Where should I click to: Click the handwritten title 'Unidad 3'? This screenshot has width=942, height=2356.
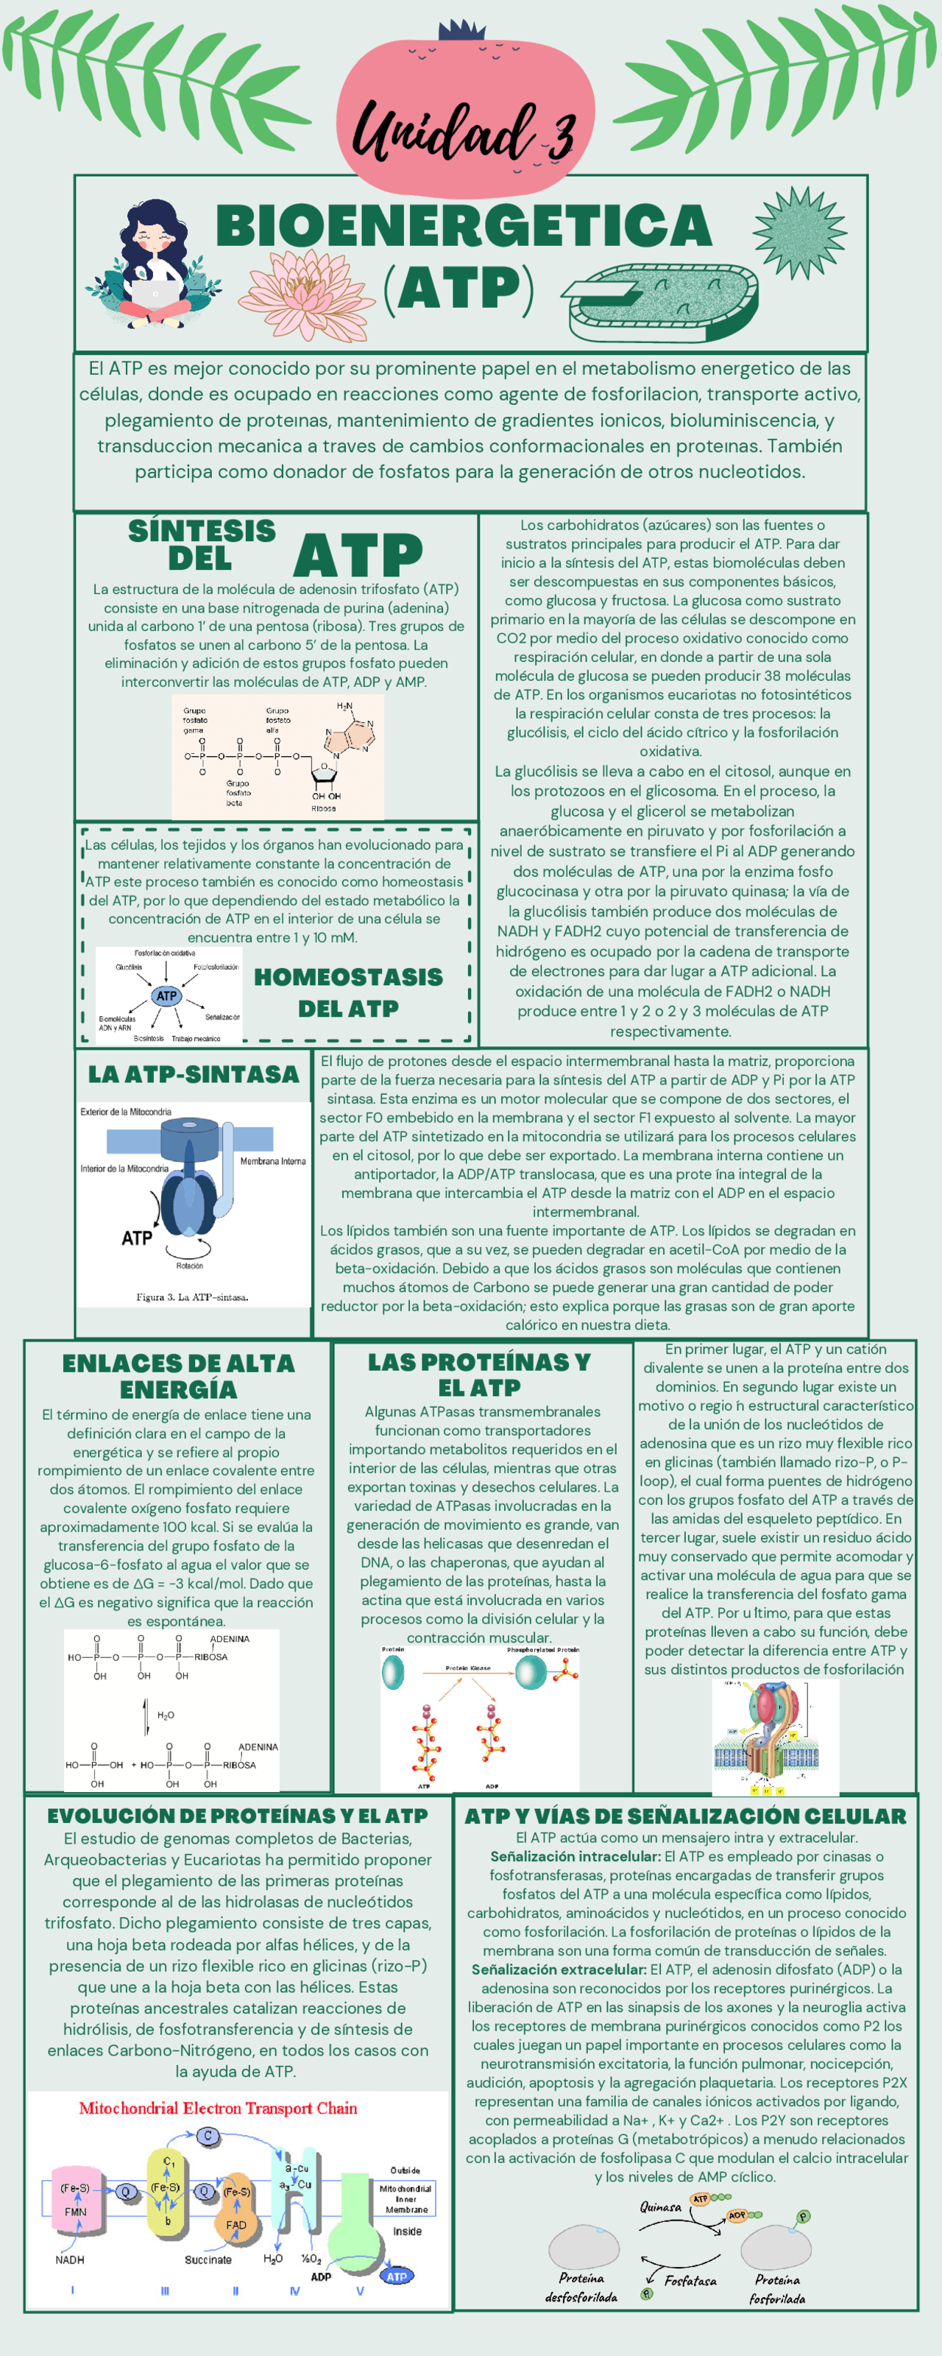coord(464,135)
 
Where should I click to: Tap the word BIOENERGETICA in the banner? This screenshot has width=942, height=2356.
coord(464,226)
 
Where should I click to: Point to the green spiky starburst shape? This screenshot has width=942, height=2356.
coord(799,233)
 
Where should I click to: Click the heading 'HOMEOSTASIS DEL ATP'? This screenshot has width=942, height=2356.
coord(347,992)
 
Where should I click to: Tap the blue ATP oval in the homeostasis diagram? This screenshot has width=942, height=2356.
coord(166,996)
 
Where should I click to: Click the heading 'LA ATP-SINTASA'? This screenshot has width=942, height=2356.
coord(193,1075)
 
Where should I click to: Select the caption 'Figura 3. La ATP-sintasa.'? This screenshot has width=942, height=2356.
coord(192,1297)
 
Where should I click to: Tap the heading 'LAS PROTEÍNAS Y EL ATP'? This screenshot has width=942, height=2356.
coord(478,1375)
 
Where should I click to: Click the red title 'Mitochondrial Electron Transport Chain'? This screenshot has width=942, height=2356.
coord(218,2108)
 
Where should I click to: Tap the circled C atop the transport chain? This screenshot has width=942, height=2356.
coord(208,2137)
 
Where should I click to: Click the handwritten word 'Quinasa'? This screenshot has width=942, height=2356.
coord(660,2207)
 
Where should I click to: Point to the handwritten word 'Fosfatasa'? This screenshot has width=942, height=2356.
coord(690,2281)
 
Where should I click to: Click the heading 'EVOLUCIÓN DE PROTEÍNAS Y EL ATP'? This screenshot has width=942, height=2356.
coord(238,1816)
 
